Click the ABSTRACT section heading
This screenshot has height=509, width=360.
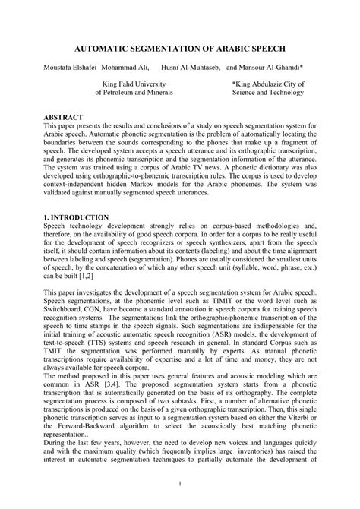64,119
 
